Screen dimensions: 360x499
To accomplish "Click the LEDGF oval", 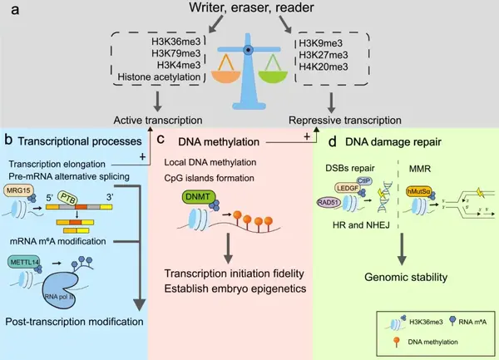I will point(348,192).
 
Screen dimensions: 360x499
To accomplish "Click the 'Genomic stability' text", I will point(397,278).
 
